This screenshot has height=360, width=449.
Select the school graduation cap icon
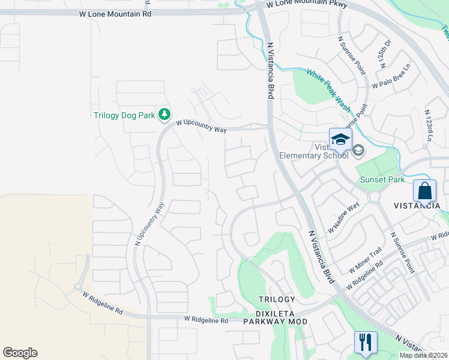click(340, 140)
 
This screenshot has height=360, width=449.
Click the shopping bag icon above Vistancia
click(424, 191)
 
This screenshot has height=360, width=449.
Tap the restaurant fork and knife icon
click(366, 343)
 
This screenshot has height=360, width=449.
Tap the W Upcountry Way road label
click(201, 126)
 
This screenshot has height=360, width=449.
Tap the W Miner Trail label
click(364, 260)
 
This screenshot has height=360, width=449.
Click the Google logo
click(20, 353)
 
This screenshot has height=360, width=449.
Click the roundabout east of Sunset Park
click(376, 196)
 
